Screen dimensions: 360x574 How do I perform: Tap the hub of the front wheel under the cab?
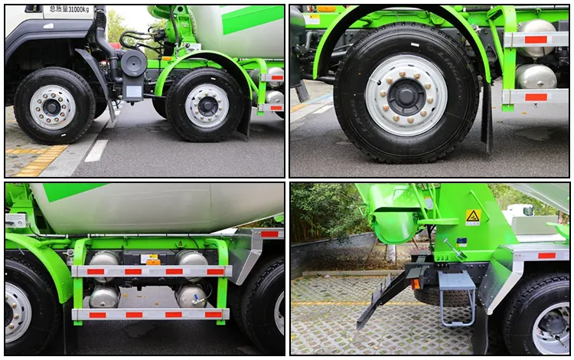(53, 106)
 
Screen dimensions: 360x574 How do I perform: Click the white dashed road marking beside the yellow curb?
(96, 150)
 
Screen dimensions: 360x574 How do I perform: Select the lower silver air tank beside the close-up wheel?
(536, 76)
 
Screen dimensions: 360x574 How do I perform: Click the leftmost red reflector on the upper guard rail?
(96, 271)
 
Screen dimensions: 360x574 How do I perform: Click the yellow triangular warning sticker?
(474, 217)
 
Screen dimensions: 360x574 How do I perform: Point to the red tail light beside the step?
(416, 284)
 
